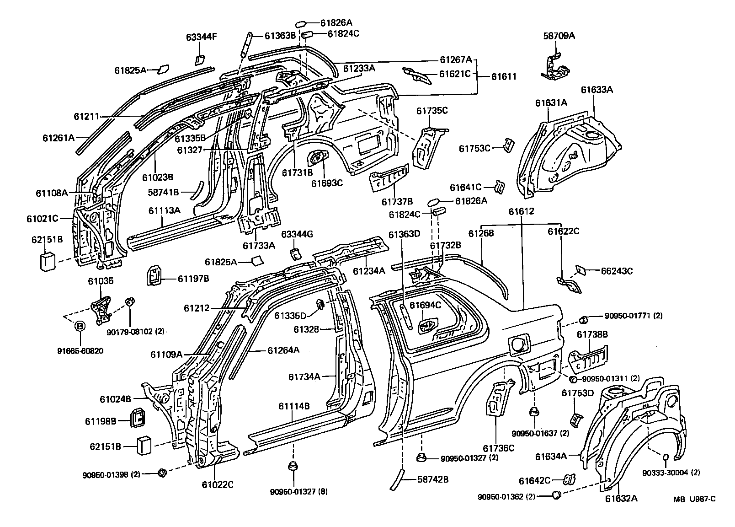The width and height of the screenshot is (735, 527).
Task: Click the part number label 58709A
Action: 559,35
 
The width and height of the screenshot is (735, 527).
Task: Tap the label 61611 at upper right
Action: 504,76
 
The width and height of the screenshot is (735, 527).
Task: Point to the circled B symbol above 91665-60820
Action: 80,326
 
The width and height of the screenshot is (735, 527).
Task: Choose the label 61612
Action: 521,211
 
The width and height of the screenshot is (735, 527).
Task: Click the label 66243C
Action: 617,271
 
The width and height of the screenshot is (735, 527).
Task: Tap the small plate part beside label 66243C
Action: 581,270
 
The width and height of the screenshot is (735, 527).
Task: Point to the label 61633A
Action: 597,90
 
